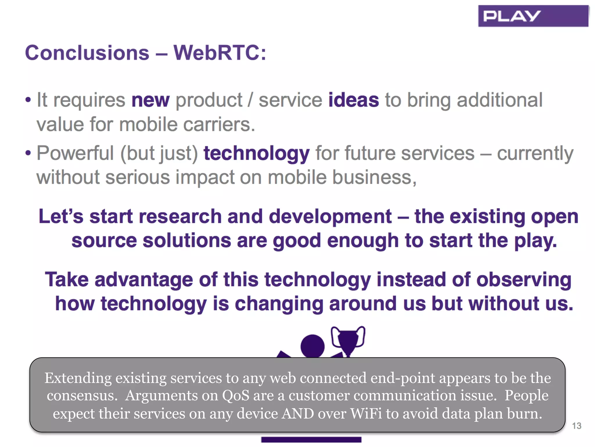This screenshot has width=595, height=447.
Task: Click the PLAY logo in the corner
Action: click(x=533, y=16)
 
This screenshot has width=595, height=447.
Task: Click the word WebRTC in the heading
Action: click(x=216, y=53)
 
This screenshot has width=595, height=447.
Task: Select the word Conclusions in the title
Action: click(x=87, y=53)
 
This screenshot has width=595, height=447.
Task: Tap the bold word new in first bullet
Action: click(x=150, y=100)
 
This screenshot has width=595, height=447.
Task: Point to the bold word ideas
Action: click(x=353, y=100)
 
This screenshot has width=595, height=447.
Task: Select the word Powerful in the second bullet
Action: click(x=75, y=153)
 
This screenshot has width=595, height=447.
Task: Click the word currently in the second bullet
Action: click(x=535, y=153)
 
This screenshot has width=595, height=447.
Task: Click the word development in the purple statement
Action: click(x=330, y=217)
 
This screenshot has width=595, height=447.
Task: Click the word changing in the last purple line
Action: click(x=279, y=304)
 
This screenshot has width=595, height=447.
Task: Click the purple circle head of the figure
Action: click(x=312, y=346)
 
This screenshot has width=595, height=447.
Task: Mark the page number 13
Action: click(x=576, y=426)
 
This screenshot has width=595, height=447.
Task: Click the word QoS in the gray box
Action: click(x=236, y=395)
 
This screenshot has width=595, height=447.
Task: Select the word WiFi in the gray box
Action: click(x=366, y=414)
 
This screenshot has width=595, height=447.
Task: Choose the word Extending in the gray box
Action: click(x=78, y=378)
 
